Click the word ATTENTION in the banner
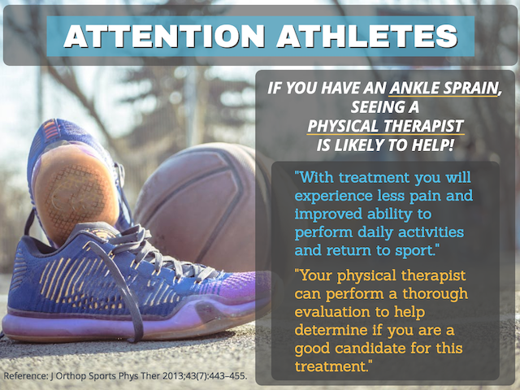pyautogui.click(x=164, y=36)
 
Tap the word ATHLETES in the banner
pyautogui.click(x=366, y=36)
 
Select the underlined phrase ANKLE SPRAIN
pyautogui.click(x=444, y=88)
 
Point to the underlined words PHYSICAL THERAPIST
pyautogui.click(x=385, y=126)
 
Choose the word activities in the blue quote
pyautogui.click(x=431, y=232)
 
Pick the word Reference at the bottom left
pyautogui.click(x=25, y=376)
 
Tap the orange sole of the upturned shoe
pyautogui.click(x=76, y=193)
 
